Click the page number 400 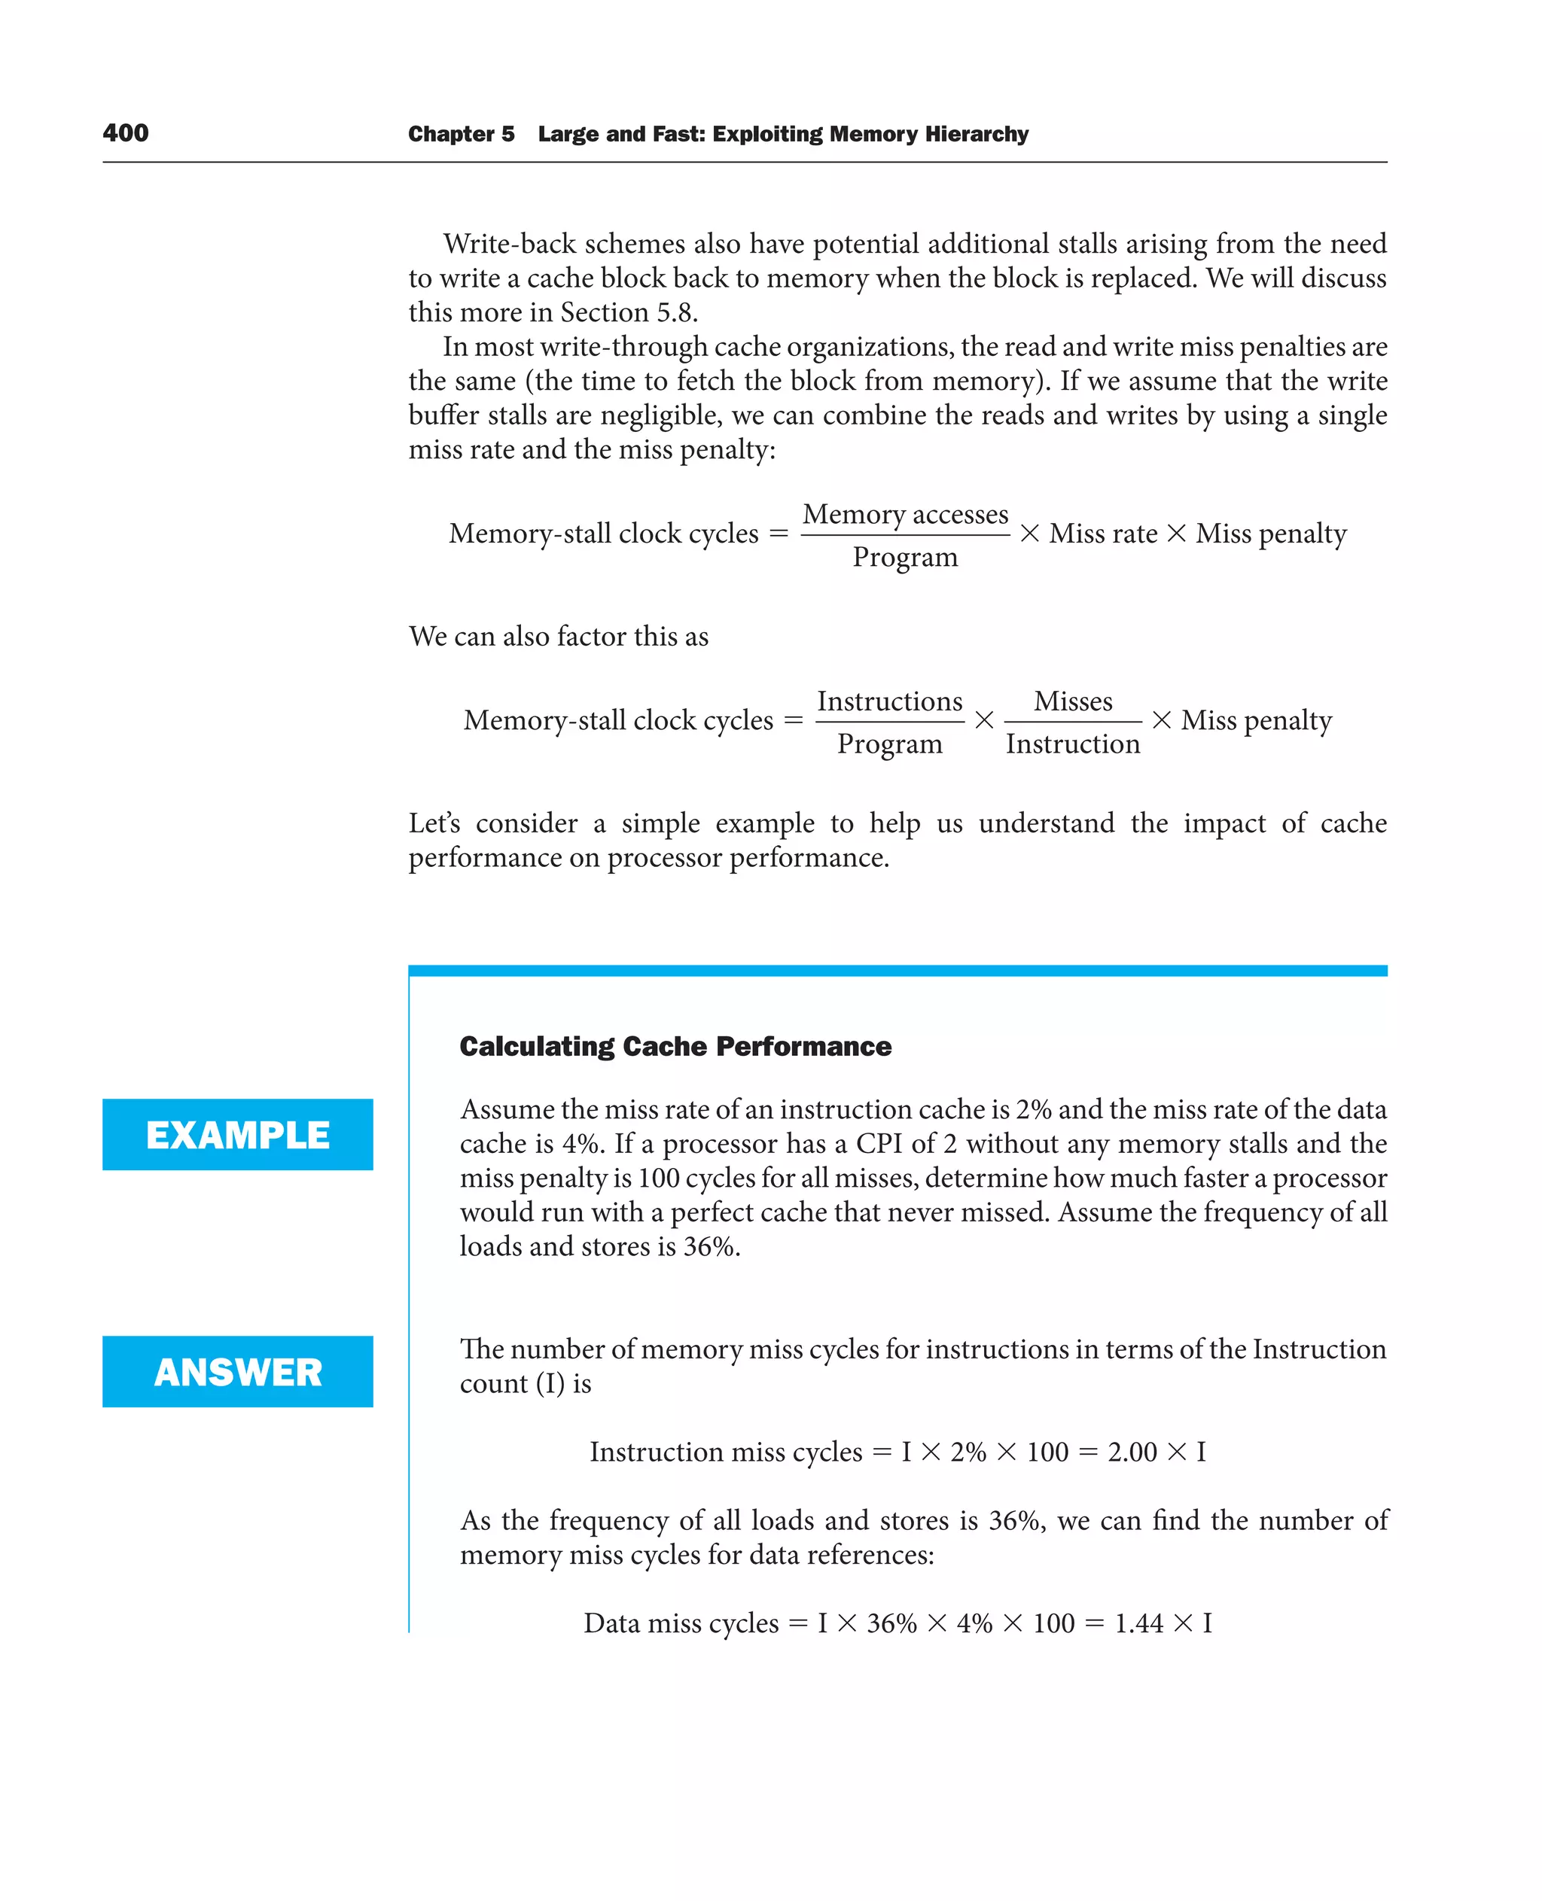click(x=125, y=133)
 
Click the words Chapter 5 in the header click(x=460, y=134)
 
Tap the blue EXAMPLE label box click(x=237, y=1134)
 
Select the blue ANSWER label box click(x=237, y=1371)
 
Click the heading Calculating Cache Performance click(x=675, y=1046)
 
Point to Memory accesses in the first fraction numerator click(x=905, y=514)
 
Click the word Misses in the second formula click(x=1072, y=701)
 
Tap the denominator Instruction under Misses click(x=1072, y=744)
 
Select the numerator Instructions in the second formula click(x=889, y=701)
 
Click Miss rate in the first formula click(x=1103, y=534)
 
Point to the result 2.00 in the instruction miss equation click(x=1132, y=1452)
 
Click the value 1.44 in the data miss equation click(x=1138, y=1623)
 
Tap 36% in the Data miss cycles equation click(x=891, y=1623)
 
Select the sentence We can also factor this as click(x=558, y=637)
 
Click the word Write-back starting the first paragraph click(x=509, y=244)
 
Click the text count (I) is click(x=525, y=1383)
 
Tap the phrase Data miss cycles click(x=681, y=1623)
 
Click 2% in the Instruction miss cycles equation click(x=968, y=1452)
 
